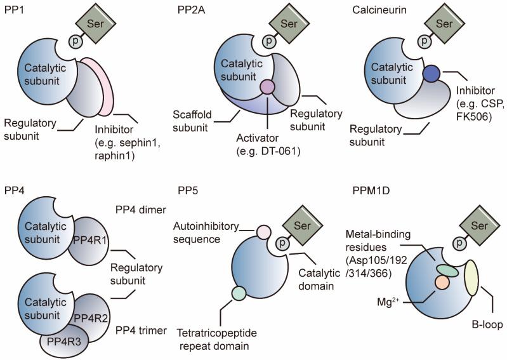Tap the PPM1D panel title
tap(380, 190)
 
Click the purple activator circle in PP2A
tap(267, 87)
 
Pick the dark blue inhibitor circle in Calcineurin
tap(432, 74)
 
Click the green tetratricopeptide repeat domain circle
tap(238, 293)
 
